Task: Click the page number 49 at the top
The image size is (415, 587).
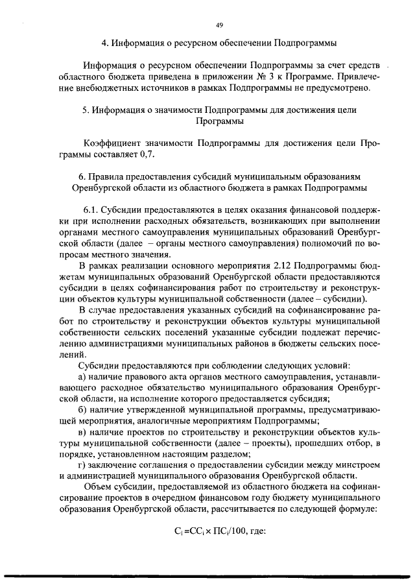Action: point(219,25)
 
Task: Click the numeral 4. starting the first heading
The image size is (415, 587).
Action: point(106,44)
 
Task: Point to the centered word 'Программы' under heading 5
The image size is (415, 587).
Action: point(219,121)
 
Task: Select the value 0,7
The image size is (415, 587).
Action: point(148,155)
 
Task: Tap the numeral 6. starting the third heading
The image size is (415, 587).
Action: point(81,176)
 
